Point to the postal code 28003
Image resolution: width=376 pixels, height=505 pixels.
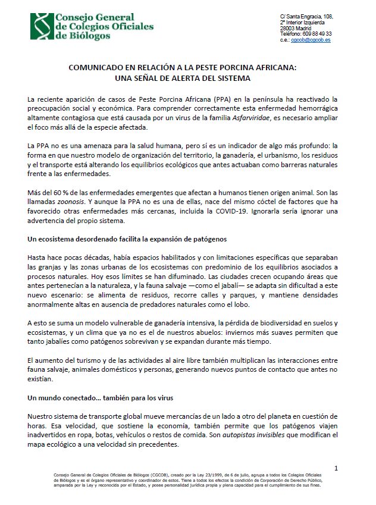tap(288, 28)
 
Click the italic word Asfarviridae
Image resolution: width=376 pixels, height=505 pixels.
tap(287, 118)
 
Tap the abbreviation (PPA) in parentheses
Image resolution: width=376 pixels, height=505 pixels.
tap(187, 99)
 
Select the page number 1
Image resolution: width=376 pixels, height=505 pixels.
tap(336, 468)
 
